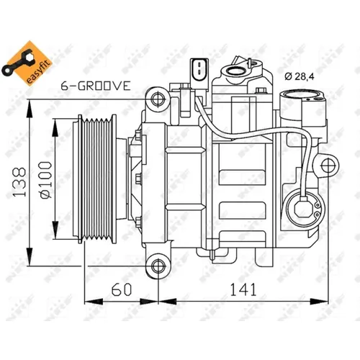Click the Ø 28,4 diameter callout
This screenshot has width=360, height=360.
click(302, 76)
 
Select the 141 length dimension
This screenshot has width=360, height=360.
click(238, 290)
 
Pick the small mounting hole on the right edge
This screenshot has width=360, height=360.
click(329, 166)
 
